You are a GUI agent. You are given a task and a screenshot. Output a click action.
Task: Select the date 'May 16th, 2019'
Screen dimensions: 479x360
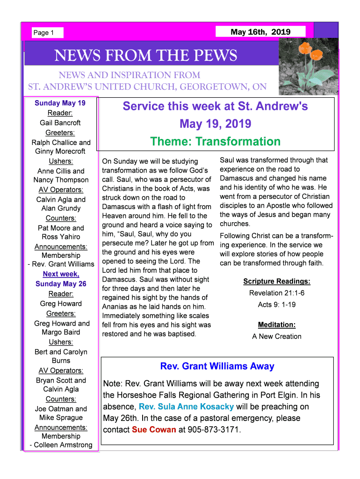tap(260, 32)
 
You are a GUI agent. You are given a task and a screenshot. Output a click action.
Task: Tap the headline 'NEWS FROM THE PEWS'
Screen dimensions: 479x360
tap(146, 56)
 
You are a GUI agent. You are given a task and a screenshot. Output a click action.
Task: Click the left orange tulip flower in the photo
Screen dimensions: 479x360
tap(305, 47)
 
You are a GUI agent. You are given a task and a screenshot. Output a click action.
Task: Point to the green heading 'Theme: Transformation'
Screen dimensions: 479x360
tap(216, 141)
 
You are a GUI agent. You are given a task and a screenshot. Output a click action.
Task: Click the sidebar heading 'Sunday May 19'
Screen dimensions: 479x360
tap(60, 103)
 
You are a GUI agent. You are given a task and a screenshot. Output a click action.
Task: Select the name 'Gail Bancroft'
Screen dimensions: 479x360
tap(60, 123)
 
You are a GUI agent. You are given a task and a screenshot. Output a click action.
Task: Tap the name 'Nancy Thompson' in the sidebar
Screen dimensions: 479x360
tap(61, 180)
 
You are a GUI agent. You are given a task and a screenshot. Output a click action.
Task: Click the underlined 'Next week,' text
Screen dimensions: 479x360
tap(61, 274)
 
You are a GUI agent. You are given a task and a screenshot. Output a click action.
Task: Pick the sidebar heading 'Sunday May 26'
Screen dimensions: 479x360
tap(61, 284)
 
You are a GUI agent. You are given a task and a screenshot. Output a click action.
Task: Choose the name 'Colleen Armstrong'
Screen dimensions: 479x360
tap(63, 445)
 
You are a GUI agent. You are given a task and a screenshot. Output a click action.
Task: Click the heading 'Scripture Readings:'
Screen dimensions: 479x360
tap(277, 281)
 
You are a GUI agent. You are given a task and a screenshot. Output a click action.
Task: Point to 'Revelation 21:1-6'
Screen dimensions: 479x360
tap(277, 293)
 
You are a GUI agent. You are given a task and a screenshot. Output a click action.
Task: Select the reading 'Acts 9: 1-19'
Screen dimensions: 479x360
tap(277, 305)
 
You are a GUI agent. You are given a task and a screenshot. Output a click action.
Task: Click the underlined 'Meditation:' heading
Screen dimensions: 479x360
tap(277, 325)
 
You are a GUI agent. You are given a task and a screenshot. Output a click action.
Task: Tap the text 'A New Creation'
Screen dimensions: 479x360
tap(277, 336)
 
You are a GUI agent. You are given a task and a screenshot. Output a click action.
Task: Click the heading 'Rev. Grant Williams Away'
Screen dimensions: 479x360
tap(217, 366)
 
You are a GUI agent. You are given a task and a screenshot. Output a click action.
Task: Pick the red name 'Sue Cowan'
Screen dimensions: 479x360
tap(154, 429)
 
